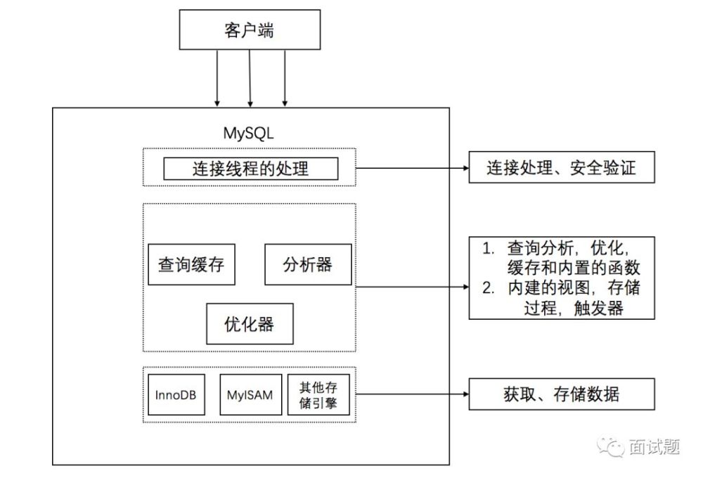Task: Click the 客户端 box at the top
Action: pos(250,30)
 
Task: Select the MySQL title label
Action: pos(248,133)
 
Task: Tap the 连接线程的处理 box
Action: pos(251,169)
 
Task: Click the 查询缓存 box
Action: pos(191,264)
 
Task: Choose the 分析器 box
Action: pos(308,264)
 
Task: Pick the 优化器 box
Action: pos(250,324)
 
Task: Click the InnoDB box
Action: pos(176,394)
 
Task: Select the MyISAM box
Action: pos(251,394)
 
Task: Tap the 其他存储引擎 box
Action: pos(318,394)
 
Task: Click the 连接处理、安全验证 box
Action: pos(562,167)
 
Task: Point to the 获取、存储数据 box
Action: pos(562,394)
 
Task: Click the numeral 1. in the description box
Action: pos(489,248)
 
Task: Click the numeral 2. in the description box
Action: pos(489,288)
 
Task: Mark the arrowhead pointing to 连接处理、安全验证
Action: pos(466,168)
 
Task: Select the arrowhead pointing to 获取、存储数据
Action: pos(466,394)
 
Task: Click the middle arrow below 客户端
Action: pos(250,79)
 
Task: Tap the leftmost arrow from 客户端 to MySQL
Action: pos(217,79)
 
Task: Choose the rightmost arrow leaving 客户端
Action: pos(285,79)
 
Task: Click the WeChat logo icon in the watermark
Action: pos(610,446)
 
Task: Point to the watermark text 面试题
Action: pos(654,446)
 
